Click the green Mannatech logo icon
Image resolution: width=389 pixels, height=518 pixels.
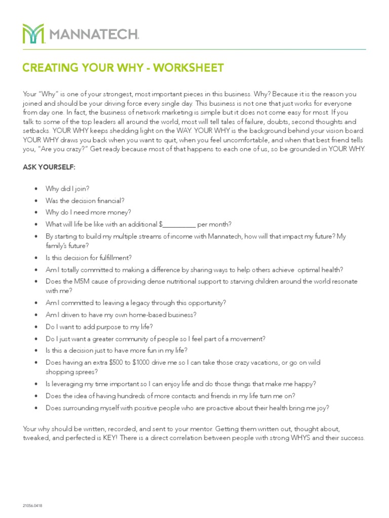[x=33, y=33]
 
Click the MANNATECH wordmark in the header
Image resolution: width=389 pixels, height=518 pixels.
[x=94, y=34]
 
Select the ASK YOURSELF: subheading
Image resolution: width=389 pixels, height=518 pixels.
[x=49, y=166]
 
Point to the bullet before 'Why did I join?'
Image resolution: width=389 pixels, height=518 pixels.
[x=35, y=189]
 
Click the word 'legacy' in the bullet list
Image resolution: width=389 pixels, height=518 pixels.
[x=133, y=303]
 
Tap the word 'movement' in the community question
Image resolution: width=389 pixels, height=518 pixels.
[x=250, y=338]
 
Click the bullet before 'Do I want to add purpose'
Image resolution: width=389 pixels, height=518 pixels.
[x=35, y=326]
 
